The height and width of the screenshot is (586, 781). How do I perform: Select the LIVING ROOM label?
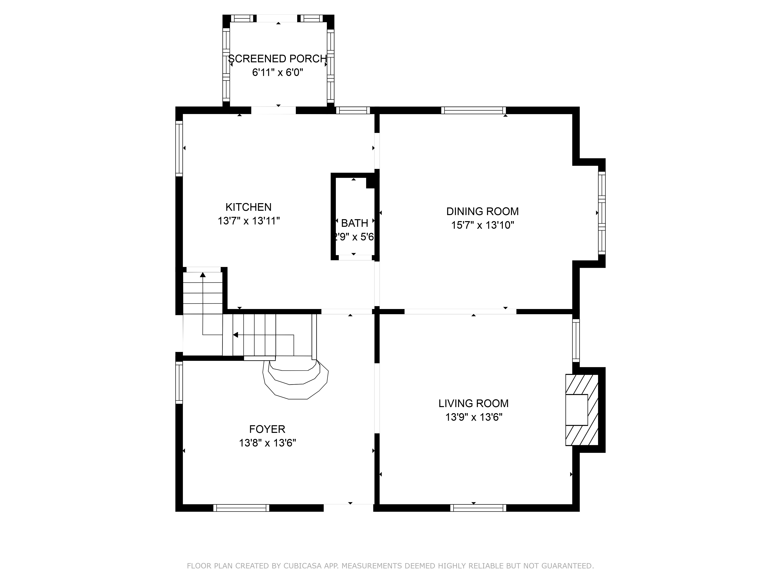point(473,403)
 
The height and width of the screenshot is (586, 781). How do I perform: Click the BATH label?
point(355,223)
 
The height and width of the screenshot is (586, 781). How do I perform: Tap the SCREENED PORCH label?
point(277,59)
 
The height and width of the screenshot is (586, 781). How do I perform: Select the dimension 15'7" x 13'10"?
point(482,225)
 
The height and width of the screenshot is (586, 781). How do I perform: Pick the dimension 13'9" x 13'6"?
point(473,417)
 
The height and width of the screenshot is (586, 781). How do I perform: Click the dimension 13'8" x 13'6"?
point(267,443)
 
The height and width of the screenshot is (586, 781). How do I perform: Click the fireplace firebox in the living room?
point(577,410)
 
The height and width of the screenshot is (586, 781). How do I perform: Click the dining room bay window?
point(602,213)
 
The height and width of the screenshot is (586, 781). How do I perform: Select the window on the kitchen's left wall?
point(179,148)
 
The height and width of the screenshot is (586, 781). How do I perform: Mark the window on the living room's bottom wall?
point(478,508)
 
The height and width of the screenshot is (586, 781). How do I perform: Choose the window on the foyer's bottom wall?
point(241,508)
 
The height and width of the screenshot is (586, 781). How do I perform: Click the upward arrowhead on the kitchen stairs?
point(203,275)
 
